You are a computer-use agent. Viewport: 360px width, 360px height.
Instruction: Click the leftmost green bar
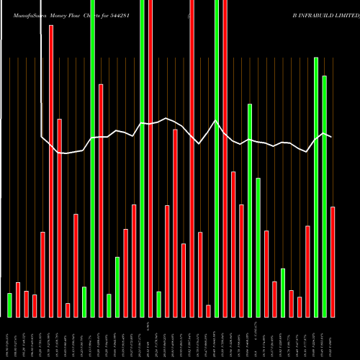tap(9, 305)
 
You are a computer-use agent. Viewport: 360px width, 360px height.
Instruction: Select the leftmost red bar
tap(18, 299)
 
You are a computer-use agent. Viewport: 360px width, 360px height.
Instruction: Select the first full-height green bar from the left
tap(93, 158)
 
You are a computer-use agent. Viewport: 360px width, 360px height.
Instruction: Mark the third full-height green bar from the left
tap(217, 158)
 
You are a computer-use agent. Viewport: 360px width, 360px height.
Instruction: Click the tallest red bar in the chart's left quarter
tap(51, 171)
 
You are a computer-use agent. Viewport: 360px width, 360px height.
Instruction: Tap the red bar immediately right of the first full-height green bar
tap(101, 200)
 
